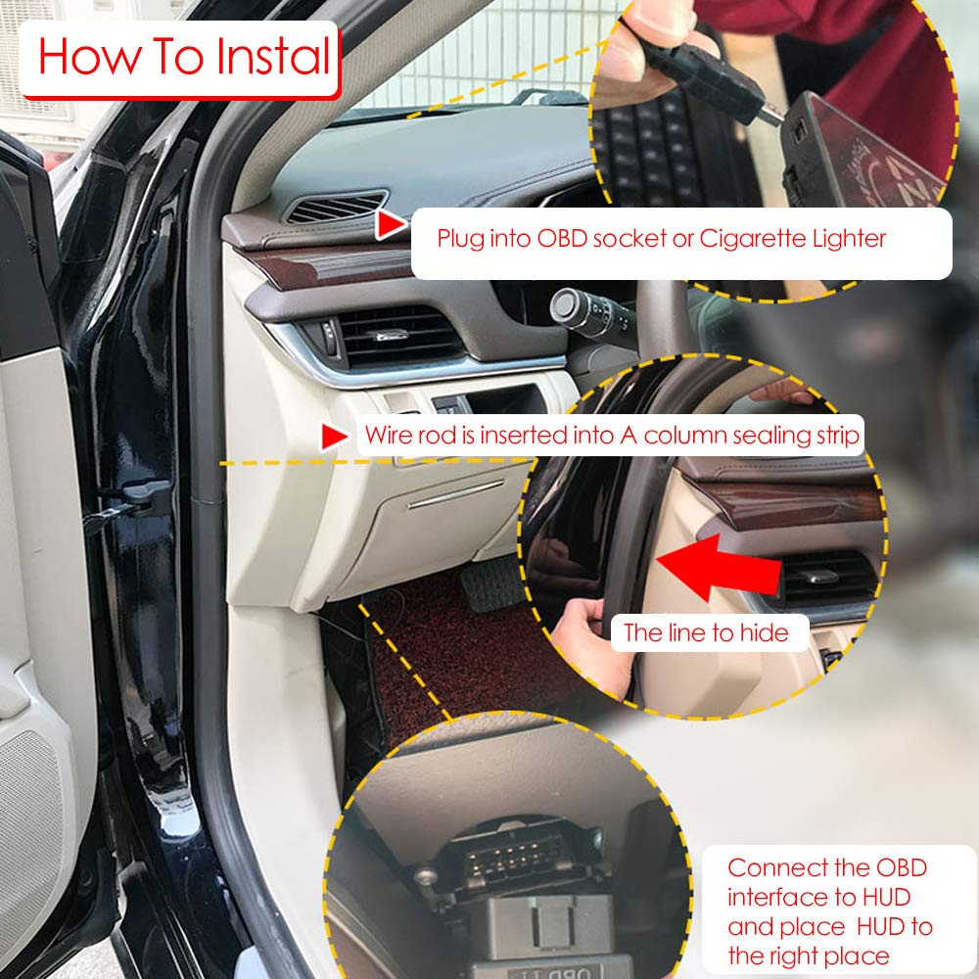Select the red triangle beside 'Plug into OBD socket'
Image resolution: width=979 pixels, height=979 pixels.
tap(391, 226)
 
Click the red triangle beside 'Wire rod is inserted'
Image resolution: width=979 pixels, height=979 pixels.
tap(335, 436)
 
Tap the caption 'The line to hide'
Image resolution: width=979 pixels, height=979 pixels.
tap(706, 632)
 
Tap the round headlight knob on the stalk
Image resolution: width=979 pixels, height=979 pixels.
tap(565, 305)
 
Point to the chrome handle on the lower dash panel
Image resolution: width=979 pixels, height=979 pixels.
tap(455, 494)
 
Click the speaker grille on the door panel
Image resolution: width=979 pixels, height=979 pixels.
tap(29, 822)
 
